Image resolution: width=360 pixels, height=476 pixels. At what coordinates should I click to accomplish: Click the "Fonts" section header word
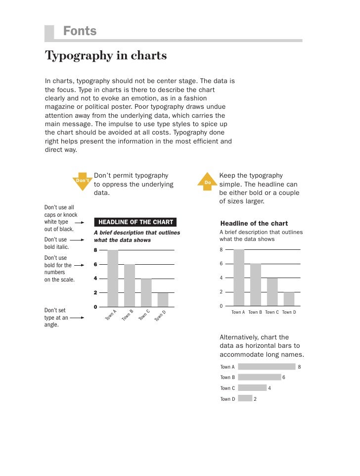tap(80, 31)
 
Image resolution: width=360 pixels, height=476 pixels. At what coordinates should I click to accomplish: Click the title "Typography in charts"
tap(106, 55)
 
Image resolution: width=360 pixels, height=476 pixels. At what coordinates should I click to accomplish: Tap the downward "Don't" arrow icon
tap(83, 182)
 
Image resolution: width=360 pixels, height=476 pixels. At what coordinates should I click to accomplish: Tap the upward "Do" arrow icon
tap(208, 182)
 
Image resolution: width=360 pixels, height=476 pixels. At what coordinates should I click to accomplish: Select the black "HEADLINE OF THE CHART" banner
tap(135, 222)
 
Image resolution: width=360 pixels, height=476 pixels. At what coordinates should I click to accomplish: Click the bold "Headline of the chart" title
tap(254, 224)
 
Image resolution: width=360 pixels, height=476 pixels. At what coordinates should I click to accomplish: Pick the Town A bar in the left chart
tap(113, 278)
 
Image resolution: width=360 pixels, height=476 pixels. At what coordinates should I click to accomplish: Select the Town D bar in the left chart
tap(163, 299)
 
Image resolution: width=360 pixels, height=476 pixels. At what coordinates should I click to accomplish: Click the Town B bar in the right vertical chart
tap(256, 285)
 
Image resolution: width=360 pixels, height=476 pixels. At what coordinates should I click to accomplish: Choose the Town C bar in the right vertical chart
tap(272, 291)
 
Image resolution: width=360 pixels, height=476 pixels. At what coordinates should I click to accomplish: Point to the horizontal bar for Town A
tap(266, 367)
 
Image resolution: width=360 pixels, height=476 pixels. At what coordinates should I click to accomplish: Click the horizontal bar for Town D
tap(245, 398)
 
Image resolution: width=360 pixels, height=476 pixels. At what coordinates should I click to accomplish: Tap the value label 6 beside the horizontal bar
tap(284, 378)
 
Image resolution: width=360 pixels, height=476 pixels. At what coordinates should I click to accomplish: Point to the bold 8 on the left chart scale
tap(96, 250)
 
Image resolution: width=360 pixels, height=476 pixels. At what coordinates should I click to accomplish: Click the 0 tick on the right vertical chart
tap(221, 306)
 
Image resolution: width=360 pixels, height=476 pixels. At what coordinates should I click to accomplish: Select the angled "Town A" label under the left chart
tap(111, 315)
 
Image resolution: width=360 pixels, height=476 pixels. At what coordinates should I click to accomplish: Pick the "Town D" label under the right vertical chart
tap(289, 313)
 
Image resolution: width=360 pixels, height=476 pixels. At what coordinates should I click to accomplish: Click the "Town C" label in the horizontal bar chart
tap(227, 388)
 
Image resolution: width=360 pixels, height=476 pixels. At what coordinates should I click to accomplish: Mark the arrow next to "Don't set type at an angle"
tap(77, 318)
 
